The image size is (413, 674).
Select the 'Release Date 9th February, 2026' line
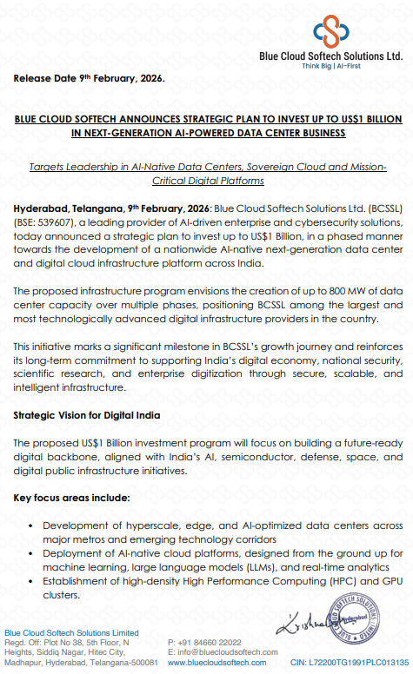pyautogui.click(x=88, y=78)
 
